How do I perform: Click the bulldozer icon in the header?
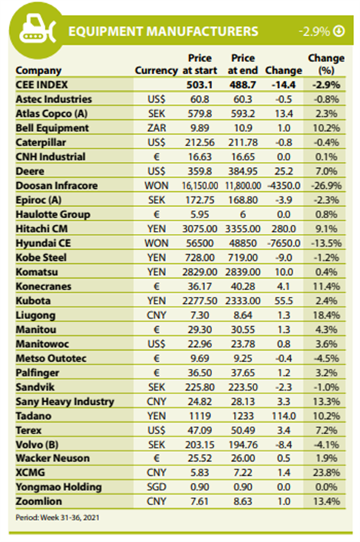coord(37,30)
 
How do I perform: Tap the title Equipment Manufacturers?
coord(163,31)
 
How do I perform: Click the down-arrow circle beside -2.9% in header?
coord(339,31)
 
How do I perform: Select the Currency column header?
coord(156,70)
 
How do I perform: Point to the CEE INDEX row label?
coord(41,85)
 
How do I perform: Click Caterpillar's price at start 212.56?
coord(199,142)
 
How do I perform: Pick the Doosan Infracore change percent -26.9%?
coord(326,186)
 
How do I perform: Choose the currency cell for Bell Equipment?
coord(156,128)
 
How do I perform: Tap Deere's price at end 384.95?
coord(243,171)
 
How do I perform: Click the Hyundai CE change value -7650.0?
coord(283,243)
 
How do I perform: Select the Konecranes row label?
coord(43,286)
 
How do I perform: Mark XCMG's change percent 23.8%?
coord(326,472)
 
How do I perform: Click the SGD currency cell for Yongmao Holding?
coord(156,487)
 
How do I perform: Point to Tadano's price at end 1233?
coord(243,416)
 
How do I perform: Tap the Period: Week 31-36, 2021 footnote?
coord(58,517)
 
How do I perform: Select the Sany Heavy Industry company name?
coord(64,402)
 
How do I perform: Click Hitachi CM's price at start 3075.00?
coord(199,229)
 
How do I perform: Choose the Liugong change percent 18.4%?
coord(326,316)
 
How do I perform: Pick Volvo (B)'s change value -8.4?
coord(283,445)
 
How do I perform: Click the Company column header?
coord(38,70)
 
